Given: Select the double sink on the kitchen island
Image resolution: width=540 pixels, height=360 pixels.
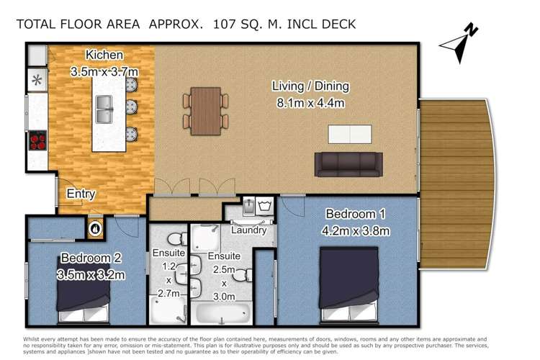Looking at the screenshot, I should coord(104,110).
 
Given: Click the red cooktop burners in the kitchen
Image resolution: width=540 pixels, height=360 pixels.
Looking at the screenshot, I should coord(37,139).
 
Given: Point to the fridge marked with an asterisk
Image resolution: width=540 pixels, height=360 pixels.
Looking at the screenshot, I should coord(36,80).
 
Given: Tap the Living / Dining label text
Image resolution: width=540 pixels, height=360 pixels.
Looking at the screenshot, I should coord(310,86).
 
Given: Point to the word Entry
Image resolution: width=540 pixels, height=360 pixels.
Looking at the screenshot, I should coord(81,194).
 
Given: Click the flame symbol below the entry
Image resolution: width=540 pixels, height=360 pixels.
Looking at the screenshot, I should coord(94,228).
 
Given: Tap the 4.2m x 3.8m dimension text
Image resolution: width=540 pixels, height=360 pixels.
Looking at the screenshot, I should coord(357,230).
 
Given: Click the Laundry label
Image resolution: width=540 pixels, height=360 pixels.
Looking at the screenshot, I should coord(250,230).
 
